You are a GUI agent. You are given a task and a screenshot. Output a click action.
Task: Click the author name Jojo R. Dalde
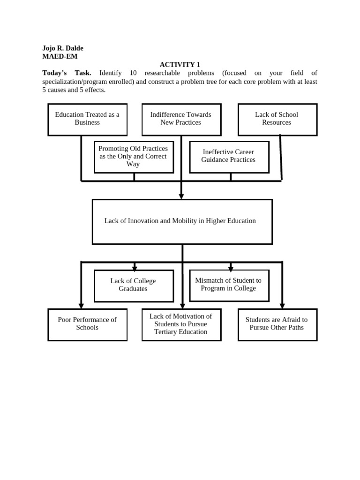click(x=63, y=48)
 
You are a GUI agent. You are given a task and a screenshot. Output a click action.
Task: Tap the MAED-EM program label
click(x=60, y=56)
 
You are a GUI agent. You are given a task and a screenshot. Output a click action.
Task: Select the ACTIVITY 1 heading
click(x=180, y=65)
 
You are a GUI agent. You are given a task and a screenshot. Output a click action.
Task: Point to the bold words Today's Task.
click(x=67, y=73)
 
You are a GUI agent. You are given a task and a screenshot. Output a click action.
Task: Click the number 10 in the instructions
click(x=133, y=73)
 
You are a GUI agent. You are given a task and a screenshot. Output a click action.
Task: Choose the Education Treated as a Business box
click(x=87, y=119)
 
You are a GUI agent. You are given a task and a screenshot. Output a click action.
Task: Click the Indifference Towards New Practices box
click(x=181, y=119)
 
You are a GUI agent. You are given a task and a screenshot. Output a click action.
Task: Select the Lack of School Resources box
click(x=277, y=119)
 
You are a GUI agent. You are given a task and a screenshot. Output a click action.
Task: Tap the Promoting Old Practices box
click(x=134, y=157)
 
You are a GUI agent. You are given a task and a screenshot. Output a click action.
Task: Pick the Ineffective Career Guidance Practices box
click(x=229, y=157)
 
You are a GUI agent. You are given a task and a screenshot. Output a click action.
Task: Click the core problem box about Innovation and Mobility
click(x=182, y=221)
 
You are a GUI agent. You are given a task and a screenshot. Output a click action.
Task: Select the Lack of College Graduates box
click(x=134, y=285)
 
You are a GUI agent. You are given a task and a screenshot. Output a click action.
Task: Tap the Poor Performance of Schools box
click(x=87, y=324)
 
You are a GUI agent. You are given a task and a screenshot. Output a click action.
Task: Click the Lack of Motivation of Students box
click(x=181, y=324)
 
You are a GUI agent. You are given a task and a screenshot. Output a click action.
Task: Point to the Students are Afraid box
click(x=277, y=324)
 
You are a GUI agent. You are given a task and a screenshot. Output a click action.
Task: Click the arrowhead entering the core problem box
click(x=181, y=196)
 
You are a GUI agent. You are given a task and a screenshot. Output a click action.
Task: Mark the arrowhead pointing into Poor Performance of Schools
click(x=81, y=306)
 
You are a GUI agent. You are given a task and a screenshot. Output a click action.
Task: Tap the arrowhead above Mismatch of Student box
click(x=231, y=269)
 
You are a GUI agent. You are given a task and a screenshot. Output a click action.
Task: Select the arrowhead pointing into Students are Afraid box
click(x=282, y=306)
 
